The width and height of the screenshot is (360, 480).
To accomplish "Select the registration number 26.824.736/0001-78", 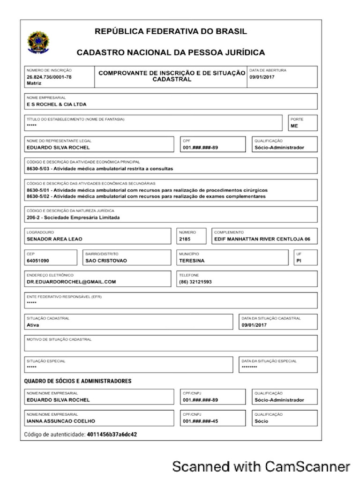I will [x=49, y=76].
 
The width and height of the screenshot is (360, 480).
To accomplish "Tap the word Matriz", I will [x=34, y=82].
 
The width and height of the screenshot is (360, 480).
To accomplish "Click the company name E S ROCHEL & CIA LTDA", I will [x=56, y=104].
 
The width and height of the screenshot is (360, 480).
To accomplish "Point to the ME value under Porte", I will [x=294, y=126].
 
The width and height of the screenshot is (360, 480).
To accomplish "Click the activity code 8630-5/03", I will [x=38, y=169].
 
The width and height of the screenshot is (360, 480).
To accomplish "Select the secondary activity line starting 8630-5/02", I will [x=146, y=196].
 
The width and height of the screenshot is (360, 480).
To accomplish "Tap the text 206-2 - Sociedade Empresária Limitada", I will [x=73, y=217].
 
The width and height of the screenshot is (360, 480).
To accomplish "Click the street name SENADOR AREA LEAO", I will [x=54, y=239].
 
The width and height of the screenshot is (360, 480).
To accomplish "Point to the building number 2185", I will [x=185, y=239].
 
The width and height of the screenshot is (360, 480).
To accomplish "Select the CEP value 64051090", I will [x=38, y=260].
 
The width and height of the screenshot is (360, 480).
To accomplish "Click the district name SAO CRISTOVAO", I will [x=106, y=260].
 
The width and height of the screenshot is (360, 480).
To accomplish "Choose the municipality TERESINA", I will [x=193, y=260].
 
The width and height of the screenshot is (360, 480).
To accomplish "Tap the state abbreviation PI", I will [x=298, y=260].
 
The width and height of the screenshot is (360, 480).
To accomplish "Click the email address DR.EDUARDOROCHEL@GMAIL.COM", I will [x=71, y=282].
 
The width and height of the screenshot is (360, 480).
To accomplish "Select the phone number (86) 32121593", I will [x=195, y=282].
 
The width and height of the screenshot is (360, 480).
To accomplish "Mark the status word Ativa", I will [x=33, y=324].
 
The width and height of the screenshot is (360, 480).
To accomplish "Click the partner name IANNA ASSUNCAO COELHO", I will [x=61, y=421].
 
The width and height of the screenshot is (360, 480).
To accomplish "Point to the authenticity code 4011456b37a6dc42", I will [x=112, y=435].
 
